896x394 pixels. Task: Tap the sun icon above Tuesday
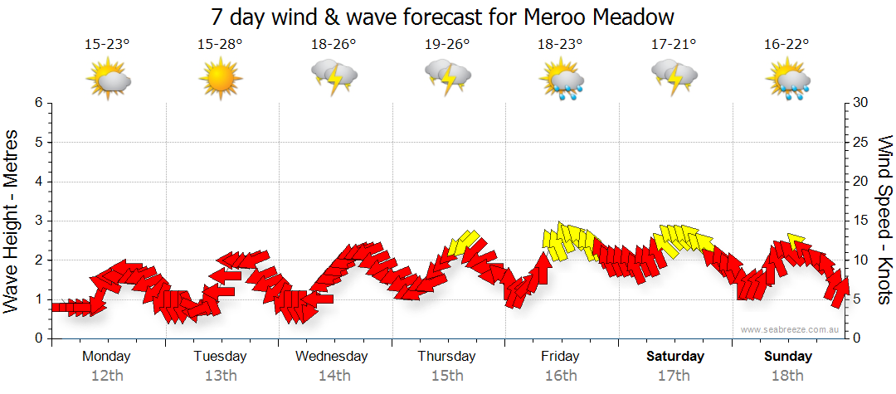tap(220, 80)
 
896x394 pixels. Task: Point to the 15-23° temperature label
tap(107, 44)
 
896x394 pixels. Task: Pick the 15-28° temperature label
tap(220, 44)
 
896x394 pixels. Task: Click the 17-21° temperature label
tap(674, 44)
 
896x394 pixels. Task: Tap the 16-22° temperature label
tap(787, 44)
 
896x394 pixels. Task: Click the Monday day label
tap(107, 357)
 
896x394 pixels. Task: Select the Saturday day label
tap(675, 357)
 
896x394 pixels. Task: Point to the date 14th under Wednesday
tap(334, 376)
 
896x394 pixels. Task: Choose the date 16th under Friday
tap(561, 376)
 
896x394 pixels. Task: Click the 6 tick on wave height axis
tap(38, 103)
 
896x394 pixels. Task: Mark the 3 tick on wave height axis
tap(38, 221)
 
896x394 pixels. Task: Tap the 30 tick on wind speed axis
tap(861, 103)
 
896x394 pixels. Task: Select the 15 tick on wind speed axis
tap(861, 221)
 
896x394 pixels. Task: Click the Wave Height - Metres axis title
tap(13, 221)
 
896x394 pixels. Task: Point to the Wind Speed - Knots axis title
tap(884, 221)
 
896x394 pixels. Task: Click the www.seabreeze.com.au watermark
tap(791, 330)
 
